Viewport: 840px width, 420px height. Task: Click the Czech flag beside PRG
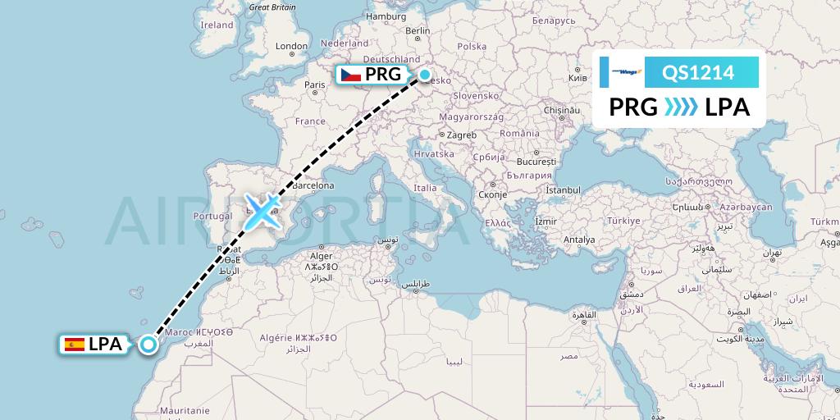[351, 75]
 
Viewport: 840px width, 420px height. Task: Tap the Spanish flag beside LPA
[74, 345]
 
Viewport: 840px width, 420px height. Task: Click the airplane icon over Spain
[262, 211]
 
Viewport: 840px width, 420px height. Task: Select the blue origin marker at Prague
[425, 75]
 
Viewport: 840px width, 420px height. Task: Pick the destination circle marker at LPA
[148, 345]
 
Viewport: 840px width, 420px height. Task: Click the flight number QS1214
[700, 73]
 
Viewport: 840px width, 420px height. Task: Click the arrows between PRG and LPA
[680, 107]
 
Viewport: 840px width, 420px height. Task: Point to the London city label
[291, 47]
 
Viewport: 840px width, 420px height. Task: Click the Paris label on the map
[315, 84]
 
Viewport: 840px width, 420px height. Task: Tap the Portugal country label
[212, 217]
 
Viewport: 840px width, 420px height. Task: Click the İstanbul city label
[563, 190]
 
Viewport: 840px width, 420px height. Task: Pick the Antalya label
[579, 240]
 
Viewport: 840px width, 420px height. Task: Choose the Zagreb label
[459, 135]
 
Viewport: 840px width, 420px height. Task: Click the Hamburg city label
[387, 16]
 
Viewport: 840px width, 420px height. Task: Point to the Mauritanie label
[185, 410]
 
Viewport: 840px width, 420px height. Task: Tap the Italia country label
[425, 188]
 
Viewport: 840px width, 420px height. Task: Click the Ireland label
[217, 25]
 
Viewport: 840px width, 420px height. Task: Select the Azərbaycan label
[747, 208]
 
